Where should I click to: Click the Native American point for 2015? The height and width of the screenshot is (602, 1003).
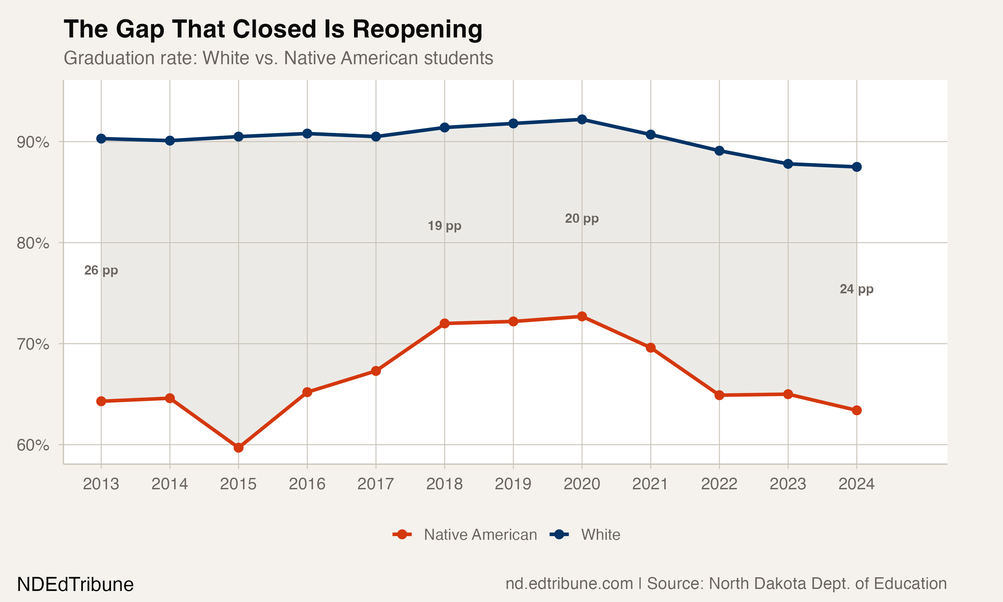(x=238, y=447)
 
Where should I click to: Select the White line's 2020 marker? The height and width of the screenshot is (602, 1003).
(x=582, y=119)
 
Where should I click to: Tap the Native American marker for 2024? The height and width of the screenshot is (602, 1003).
(x=857, y=410)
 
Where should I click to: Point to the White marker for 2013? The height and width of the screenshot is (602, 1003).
(x=101, y=139)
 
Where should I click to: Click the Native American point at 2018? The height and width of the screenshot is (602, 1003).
(x=444, y=323)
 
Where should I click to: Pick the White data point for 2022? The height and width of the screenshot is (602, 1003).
(x=719, y=151)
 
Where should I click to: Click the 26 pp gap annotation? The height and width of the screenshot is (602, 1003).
(x=101, y=270)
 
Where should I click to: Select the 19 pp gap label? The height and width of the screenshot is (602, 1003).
(x=444, y=225)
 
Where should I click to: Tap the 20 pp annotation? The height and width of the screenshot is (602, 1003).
(x=582, y=218)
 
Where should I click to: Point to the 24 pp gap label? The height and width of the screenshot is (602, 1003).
(x=856, y=289)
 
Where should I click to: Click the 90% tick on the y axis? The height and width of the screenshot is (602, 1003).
(x=33, y=142)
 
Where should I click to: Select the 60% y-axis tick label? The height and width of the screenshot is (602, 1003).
(x=33, y=445)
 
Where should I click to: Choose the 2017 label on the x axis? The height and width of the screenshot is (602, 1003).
(x=375, y=484)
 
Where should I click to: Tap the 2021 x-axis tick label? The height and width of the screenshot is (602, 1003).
(x=650, y=484)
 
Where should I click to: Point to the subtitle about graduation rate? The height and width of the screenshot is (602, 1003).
(x=278, y=58)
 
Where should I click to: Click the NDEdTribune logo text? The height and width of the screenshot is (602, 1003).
(x=76, y=585)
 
